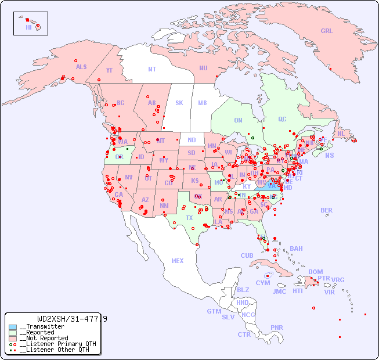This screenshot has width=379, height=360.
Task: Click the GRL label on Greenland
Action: (x=327, y=31)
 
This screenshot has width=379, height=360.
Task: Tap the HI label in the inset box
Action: (x=28, y=27)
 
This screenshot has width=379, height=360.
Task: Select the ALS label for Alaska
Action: (x=81, y=67)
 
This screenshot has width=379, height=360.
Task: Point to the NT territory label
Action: (x=152, y=69)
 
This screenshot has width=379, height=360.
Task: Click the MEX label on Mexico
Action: (x=178, y=261)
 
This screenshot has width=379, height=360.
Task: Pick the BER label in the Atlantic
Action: (x=327, y=211)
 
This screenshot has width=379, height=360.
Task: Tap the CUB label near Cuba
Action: (x=247, y=256)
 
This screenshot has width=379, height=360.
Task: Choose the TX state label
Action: (x=189, y=218)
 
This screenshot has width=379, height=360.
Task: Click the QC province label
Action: (x=282, y=120)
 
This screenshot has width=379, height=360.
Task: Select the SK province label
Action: (x=179, y=103)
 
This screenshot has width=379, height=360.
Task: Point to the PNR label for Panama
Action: (x=277, y=327)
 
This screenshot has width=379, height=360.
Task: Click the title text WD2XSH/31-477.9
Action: (x=71, y=319)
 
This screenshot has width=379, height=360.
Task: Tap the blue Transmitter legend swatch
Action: (x=13, y=327)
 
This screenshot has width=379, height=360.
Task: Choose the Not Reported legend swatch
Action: (x=13, y=338)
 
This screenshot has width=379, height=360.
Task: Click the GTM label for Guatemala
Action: (x=214, y=311)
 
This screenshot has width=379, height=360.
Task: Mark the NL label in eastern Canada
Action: (x=341, y=134)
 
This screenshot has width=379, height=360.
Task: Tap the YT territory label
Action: (x=109, y=70)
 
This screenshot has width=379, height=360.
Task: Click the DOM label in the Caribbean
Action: (x=315, y=272)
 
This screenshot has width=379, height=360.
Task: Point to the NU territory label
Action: (x=203, y=69)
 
